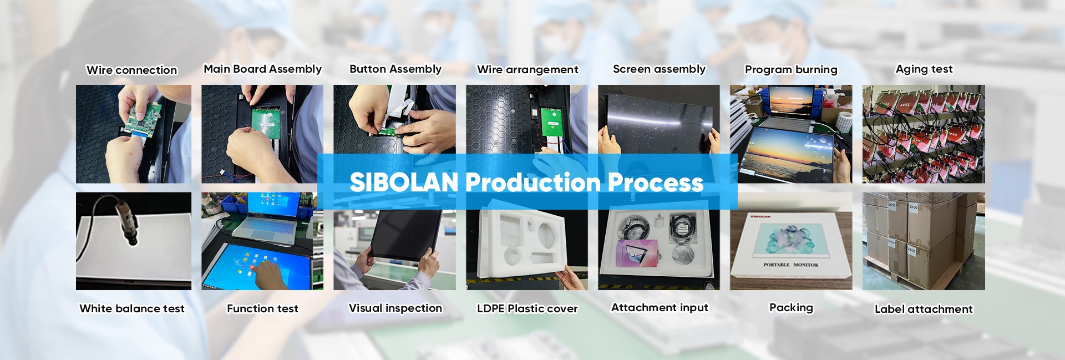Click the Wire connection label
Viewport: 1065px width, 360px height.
pyautogui.click(x=132, y=70)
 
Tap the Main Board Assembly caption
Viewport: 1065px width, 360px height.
pyautogui.click(x=262, y=69)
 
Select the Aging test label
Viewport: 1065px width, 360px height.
pyautogui.click(x=924, y=69)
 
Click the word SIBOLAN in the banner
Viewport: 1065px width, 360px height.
pyautogui.click(x=404, y=182)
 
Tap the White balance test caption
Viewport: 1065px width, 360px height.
pyautogui.click(x=132, y=308)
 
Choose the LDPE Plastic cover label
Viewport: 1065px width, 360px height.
pyautogui.click(x=527, y=308)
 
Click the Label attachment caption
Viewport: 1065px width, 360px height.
pyautogui.click(x=924, y=309)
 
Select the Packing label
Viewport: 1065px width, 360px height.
pyautogui.click(x=791, y=308)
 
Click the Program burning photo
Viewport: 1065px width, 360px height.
pyautogui.click(x=791, y=134)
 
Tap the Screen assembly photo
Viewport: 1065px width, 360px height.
pyautogui.click(x=658, y=119)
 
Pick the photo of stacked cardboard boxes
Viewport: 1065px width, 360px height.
pyautogui.click(x=924, y=241)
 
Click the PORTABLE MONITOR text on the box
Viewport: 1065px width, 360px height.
pyautogui.click(x=790, y=265)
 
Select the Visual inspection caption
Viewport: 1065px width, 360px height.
pyautogui.click(x=395, y=308)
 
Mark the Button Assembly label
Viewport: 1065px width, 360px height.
pyautogui.click(x=395, y=69)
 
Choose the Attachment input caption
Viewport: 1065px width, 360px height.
pyautogui.click(x=660, y=308)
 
